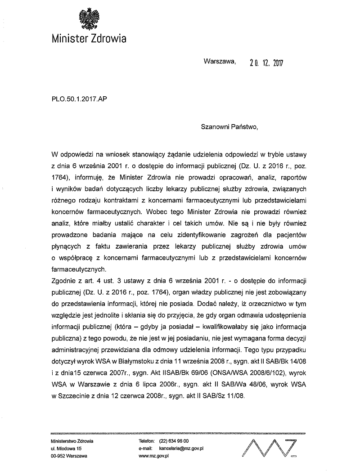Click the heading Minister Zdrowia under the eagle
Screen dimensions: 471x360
(x=88, y=38)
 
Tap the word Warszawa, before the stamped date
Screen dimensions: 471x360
(x=219, y=62)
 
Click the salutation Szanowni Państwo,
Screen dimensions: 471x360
(x=230, y=127)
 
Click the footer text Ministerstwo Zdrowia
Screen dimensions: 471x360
(x=72, y=441)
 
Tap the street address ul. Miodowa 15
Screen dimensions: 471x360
(x=67, y=449)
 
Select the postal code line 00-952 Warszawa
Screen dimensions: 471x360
(x=70, y=456)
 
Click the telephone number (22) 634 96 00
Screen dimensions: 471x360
(x=174, y=441)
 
